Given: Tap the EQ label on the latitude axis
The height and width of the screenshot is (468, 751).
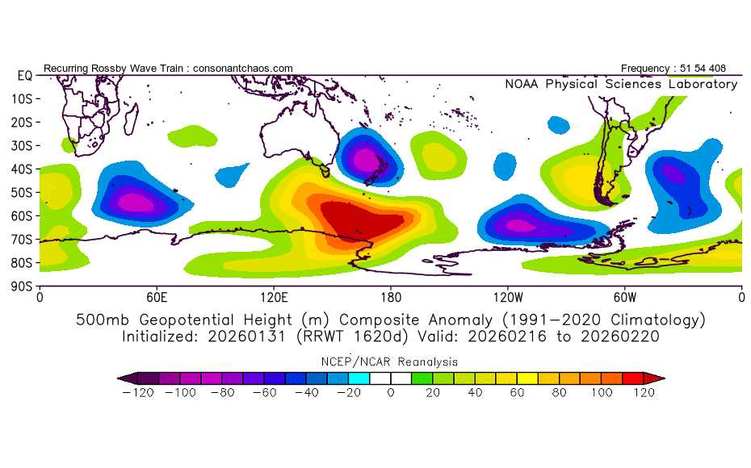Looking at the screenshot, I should (x=24, y=75).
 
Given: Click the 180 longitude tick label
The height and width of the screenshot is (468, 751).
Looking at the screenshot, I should (x=391, y=297).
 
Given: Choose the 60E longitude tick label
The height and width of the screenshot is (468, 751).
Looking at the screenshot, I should (x=157, y=297).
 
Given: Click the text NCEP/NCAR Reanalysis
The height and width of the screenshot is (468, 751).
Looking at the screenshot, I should (x=391, y=362).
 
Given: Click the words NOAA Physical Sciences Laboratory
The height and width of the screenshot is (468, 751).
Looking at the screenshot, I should (x=621, y=85).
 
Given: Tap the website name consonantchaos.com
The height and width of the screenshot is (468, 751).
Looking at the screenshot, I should (x=243, y=69).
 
